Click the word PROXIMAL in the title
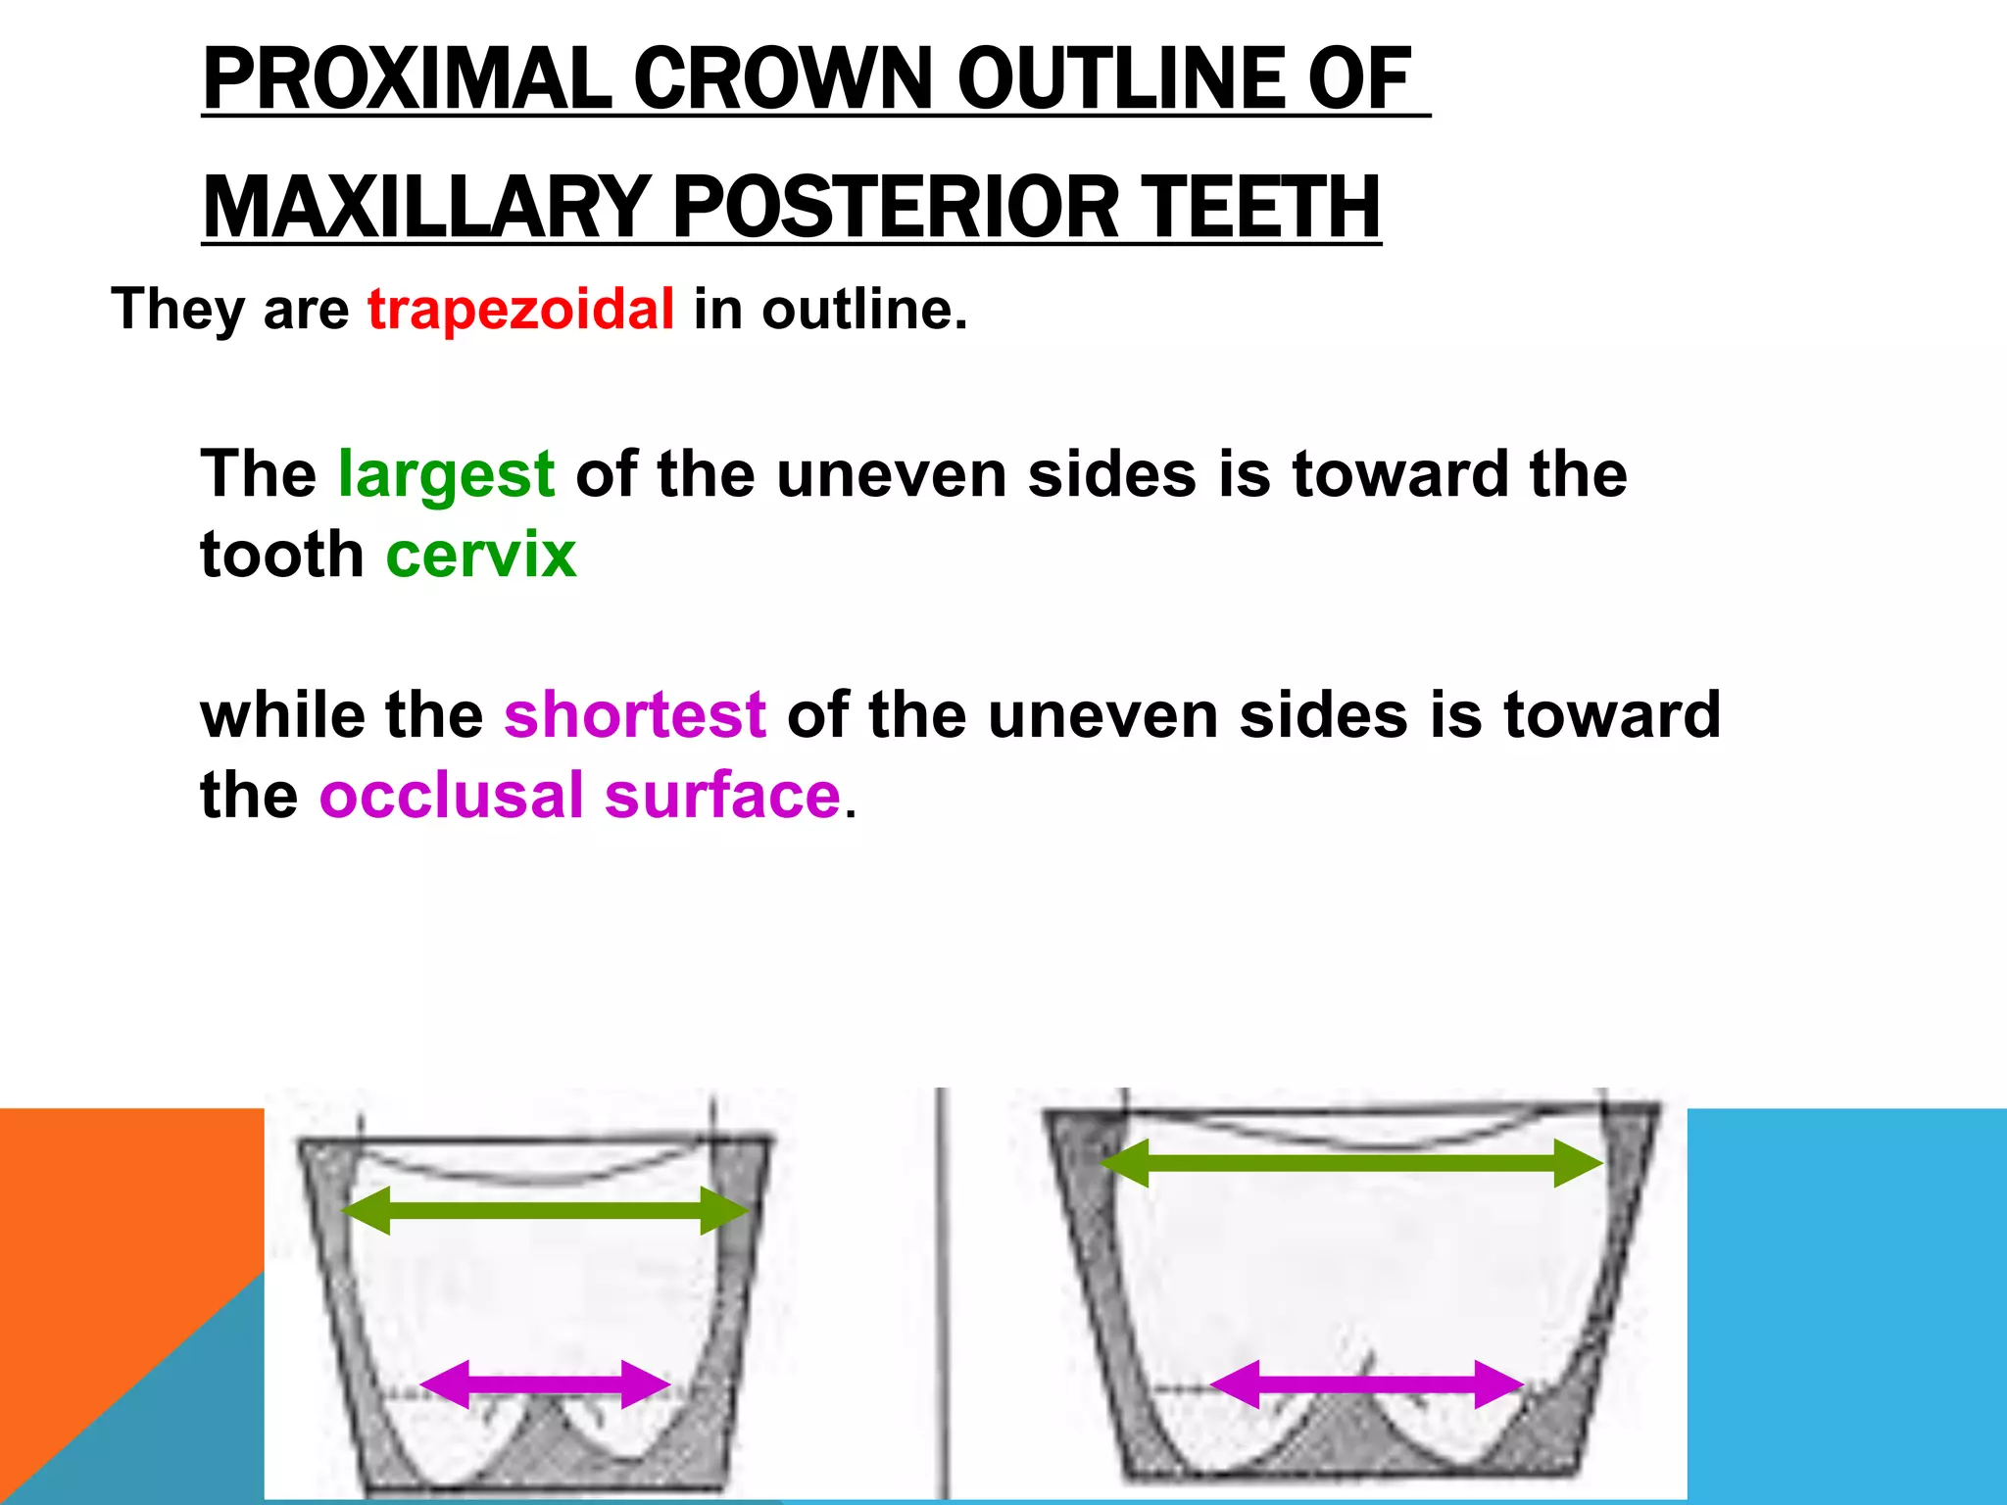pos(407,79)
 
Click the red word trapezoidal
pos(520,310)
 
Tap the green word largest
pos(446,475)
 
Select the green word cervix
pos(480,556)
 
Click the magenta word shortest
pos(634,714)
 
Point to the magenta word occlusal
pos(451,795)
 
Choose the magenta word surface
pos(722,795)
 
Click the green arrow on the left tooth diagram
pos(545,1210)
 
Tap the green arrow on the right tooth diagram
pos(1351,1163)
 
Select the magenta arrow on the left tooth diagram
pos(545,1384)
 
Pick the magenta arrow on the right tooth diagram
pos(1367,1384)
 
